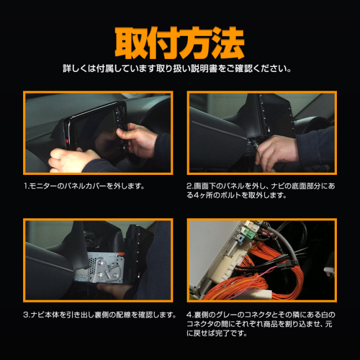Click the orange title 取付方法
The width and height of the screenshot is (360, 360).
click(179, 43)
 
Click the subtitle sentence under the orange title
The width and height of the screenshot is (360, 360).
click(177, 69)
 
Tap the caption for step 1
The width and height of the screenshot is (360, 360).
click(84, 186)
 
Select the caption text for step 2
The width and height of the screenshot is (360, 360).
click(261, 191)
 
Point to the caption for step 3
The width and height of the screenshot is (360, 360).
click(100, 314)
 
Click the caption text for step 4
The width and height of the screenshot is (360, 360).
click(261, 324)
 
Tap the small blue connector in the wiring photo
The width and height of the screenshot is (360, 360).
click(240, 240)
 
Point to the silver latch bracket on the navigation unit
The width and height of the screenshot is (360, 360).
click(105, 269)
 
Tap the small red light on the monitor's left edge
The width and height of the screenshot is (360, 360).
click(67, 141)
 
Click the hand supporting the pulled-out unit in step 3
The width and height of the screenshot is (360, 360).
click(115, 290)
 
